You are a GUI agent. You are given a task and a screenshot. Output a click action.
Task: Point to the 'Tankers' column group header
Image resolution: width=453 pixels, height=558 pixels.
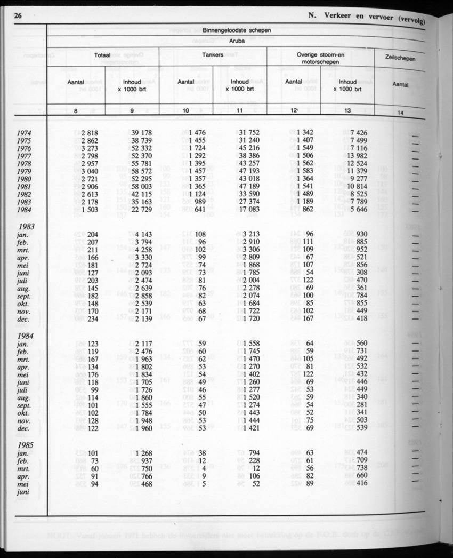point(213,55)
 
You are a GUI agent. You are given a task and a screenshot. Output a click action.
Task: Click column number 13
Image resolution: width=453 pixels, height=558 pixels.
point(347,110)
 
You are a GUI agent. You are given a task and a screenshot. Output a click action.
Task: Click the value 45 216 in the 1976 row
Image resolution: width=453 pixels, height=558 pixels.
point(249,148)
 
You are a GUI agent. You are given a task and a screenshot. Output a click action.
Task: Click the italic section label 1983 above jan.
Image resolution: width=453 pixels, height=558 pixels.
point(26,226)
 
